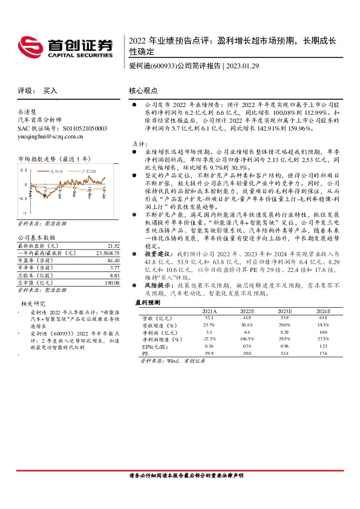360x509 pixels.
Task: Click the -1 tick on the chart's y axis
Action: point(25,213)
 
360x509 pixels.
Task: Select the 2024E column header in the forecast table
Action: point(322,310)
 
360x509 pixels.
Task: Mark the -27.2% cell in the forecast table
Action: point(209,339)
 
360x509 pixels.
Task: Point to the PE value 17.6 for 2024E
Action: point(322,354)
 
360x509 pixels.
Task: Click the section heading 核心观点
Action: point(143,90)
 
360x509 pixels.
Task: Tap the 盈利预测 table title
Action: point(147,302)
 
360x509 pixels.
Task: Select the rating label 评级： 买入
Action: point(38,91)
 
